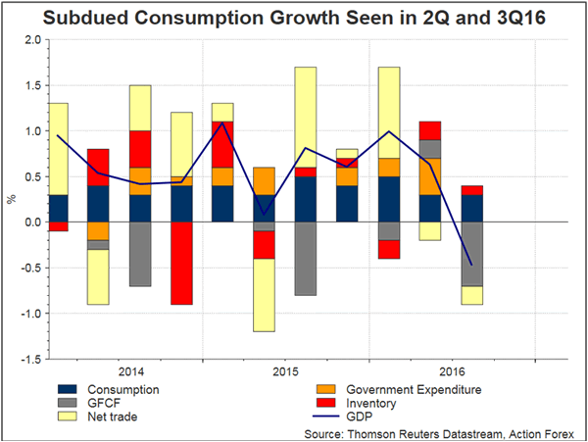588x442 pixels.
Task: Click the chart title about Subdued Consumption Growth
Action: click(x=294, y=17)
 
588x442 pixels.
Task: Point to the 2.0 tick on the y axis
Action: click(x=31, y=40)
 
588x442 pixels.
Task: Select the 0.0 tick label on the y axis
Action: click(x=31, y=222)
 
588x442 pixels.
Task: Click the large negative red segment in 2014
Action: click(x=181, y=263)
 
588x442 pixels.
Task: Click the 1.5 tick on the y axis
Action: click(x=31, y=85)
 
